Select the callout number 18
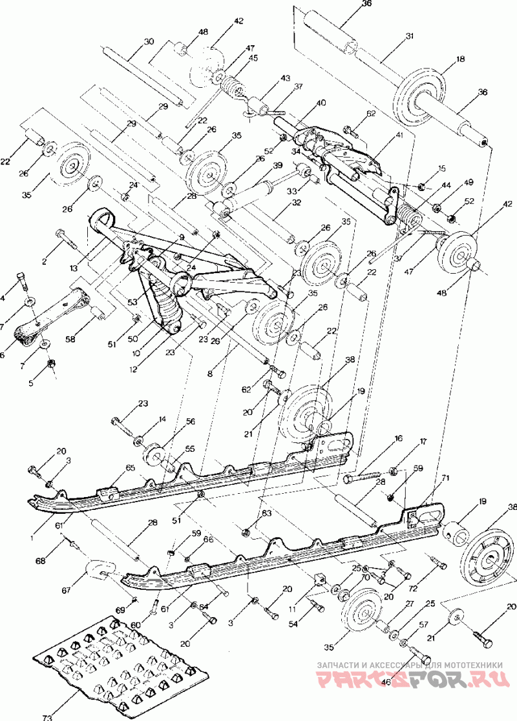tap(460, 59)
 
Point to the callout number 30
tap(149, 41)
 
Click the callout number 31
tap(408, 37)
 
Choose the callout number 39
tap(277, 166)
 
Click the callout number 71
tap(445, 478)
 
